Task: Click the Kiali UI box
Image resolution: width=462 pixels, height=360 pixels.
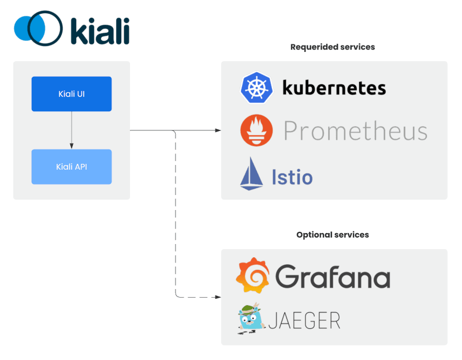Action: coord(71,94)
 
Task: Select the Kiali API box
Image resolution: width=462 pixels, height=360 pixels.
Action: coord(71,167)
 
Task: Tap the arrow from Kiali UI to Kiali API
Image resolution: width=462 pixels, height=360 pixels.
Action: coord(71,130)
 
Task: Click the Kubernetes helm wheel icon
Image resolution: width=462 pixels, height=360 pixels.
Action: coord(256,88)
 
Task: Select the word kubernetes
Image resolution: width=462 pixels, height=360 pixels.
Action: coord(334,88)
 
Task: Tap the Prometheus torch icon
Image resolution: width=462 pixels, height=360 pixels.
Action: coord(256,130)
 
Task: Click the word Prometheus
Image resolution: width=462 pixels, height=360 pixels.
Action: coord(355,132)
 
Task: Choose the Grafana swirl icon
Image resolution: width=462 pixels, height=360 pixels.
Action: coord(252,276)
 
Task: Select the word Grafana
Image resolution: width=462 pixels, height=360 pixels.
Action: coord(333,277)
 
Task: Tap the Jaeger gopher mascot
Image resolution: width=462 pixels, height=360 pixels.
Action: coord(251,319)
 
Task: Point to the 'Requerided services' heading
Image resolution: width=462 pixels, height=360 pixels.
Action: coord(332,47)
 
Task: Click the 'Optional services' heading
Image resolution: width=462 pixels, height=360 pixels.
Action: coord(332,235)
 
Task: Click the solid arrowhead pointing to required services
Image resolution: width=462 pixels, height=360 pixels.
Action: coord(217,131)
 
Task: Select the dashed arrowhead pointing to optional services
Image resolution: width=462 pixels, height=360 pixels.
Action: coord(217,297)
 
